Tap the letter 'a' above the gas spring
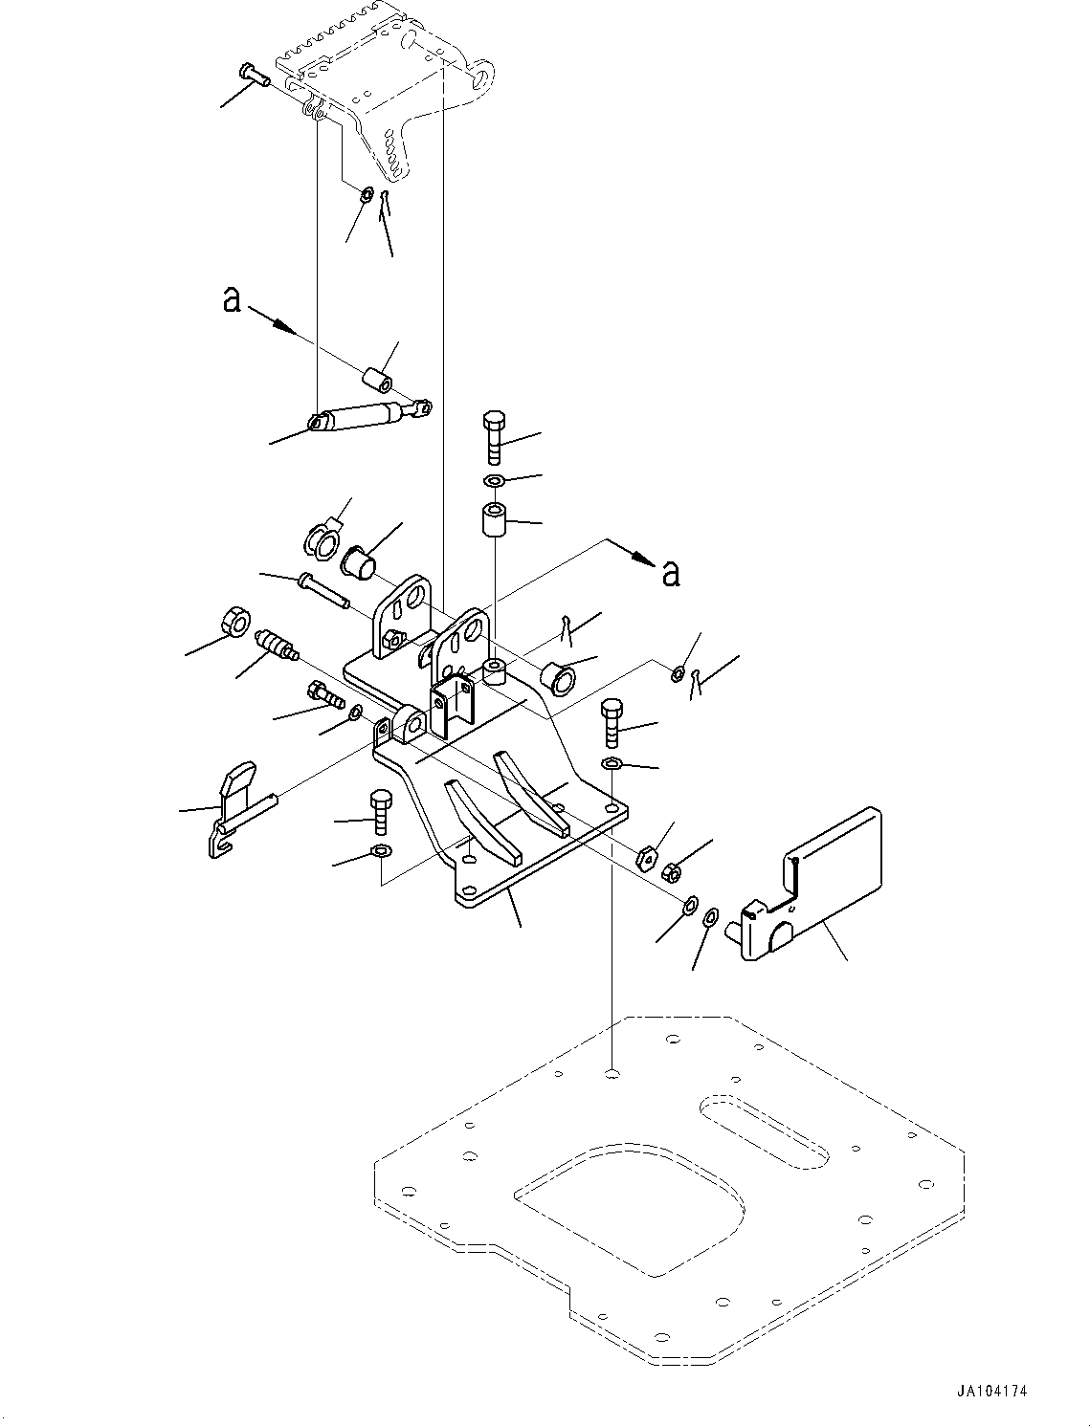point(231,299)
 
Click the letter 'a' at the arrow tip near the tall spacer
point(672,572)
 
